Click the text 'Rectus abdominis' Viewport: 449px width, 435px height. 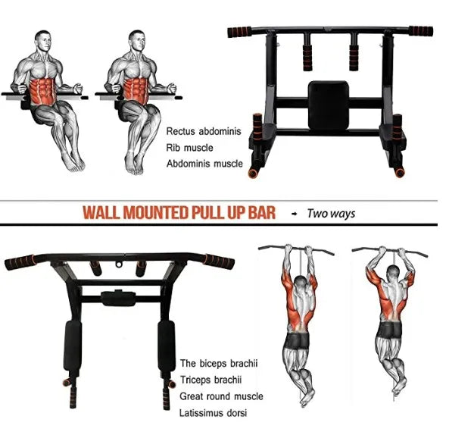(204, 131)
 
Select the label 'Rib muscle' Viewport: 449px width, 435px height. (190, 148)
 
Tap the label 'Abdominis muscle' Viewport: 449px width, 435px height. (204, 164)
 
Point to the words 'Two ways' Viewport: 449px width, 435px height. (331, 214)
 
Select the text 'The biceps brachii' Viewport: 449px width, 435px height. (218, 364)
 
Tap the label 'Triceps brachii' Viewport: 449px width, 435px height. (210, 380)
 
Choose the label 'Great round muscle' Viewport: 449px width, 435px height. (221, 396)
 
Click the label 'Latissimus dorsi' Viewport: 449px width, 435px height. (213, 413)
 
